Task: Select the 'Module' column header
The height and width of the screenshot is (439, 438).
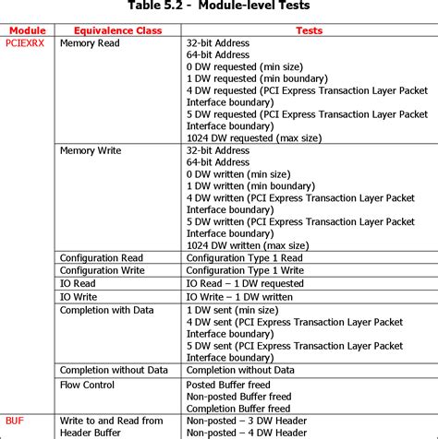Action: coord(27,30)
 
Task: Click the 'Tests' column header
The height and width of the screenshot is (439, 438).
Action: coord(309,30)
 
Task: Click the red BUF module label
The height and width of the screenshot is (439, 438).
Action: coord(14,420)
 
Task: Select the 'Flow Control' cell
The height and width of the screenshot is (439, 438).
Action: coord(88,384)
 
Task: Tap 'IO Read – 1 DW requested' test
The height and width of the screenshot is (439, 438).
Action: coord(245,284)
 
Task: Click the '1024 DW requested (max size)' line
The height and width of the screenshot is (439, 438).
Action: coord(254,136)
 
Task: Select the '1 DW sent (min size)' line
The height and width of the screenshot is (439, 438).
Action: coord(235,311)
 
